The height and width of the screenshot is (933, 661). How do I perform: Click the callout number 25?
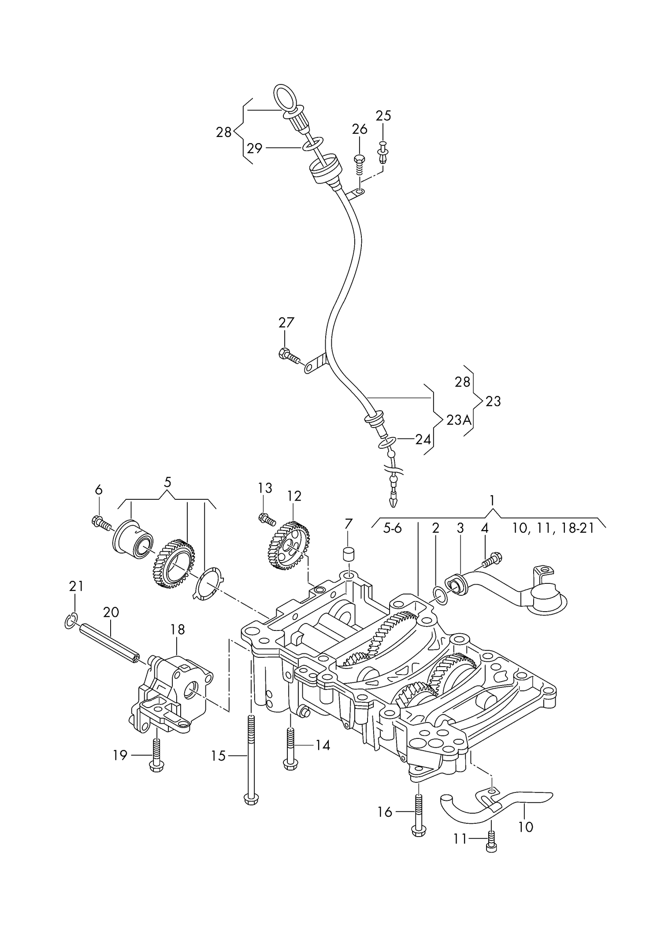383,115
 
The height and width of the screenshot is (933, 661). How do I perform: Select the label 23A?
458,420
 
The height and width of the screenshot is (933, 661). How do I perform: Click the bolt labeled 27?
289,355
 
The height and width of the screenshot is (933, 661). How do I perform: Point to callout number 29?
254,148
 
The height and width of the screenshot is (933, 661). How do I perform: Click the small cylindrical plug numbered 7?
349,554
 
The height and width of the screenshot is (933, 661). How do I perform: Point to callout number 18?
178,629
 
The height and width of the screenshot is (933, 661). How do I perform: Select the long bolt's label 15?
218,756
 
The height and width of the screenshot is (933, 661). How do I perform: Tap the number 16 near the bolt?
385,811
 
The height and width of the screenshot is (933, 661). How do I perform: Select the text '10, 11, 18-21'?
553,528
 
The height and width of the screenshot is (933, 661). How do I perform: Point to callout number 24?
423,439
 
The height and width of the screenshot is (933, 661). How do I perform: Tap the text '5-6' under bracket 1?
392,528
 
